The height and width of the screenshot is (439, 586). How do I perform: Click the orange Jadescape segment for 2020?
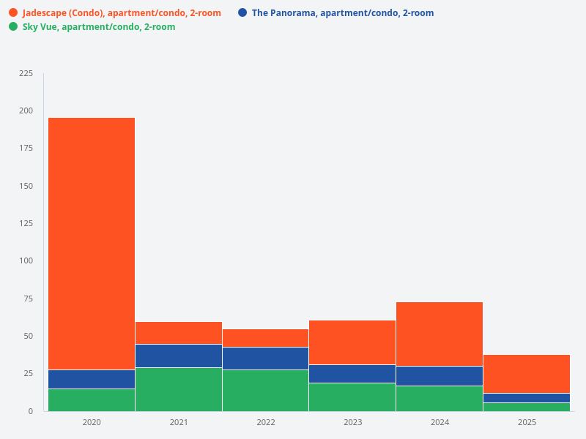(x=92, y=243)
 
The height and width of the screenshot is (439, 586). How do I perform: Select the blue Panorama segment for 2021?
(x=179, y=356)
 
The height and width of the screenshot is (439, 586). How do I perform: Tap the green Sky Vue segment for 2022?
(x=265, y=390)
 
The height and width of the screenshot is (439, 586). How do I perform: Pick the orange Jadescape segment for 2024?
(x=439, y=334)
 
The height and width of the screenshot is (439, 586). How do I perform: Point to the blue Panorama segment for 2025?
(x=527, y=398)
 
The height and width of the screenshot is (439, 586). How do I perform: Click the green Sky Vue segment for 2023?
(x=352, y=397)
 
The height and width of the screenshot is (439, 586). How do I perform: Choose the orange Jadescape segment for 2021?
(x=179, y=333)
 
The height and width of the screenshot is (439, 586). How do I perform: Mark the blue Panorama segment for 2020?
(x=92, y=379)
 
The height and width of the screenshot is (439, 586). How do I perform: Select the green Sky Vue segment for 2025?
(x=527, y=407)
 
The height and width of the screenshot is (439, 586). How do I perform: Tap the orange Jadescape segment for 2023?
(x=352, y=342)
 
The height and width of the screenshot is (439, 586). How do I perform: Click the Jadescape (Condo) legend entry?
(x=121, y=13)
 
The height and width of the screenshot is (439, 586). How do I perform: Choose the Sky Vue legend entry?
(x=98, y=27)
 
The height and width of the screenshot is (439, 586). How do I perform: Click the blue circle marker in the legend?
(x=242, y=12)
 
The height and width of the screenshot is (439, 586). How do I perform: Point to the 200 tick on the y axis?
(x=26, y=110)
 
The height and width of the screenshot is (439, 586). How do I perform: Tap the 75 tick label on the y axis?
(x=28, y=299)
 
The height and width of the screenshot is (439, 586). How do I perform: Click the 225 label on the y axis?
(x=26, y=73)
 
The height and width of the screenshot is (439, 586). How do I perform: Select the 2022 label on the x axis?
(x=266, y=423)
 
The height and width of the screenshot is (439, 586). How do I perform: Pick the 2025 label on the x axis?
(x=527, y=423)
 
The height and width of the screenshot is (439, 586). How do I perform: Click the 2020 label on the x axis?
(x=92, y=423)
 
